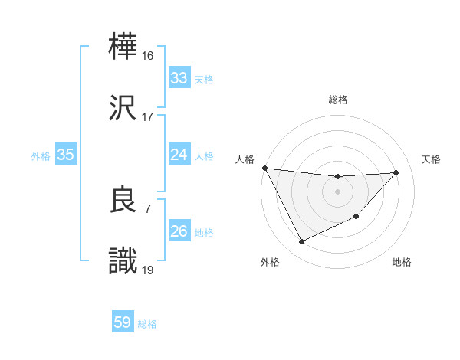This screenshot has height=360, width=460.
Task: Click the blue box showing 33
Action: (179, 78)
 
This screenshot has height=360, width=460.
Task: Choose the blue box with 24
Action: (179, 155)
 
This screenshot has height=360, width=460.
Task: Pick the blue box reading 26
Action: (179, 231)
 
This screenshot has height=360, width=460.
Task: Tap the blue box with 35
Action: (65, 155)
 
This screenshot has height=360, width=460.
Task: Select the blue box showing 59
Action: (123, 322)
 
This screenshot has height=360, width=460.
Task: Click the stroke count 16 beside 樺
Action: (148, 56)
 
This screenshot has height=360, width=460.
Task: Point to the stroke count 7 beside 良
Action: (148, 208)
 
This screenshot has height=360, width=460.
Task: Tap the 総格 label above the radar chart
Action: (337, 100)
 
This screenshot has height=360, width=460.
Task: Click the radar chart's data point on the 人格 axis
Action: (264, 168)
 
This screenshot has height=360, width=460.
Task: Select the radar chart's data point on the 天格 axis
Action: (396, 172)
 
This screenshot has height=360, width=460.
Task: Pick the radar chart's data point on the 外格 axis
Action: (301, 242)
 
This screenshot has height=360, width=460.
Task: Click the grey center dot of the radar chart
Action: (337, 191)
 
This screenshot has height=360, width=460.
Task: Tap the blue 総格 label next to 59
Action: (147, 324)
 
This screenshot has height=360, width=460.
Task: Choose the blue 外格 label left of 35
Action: (41, 155)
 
